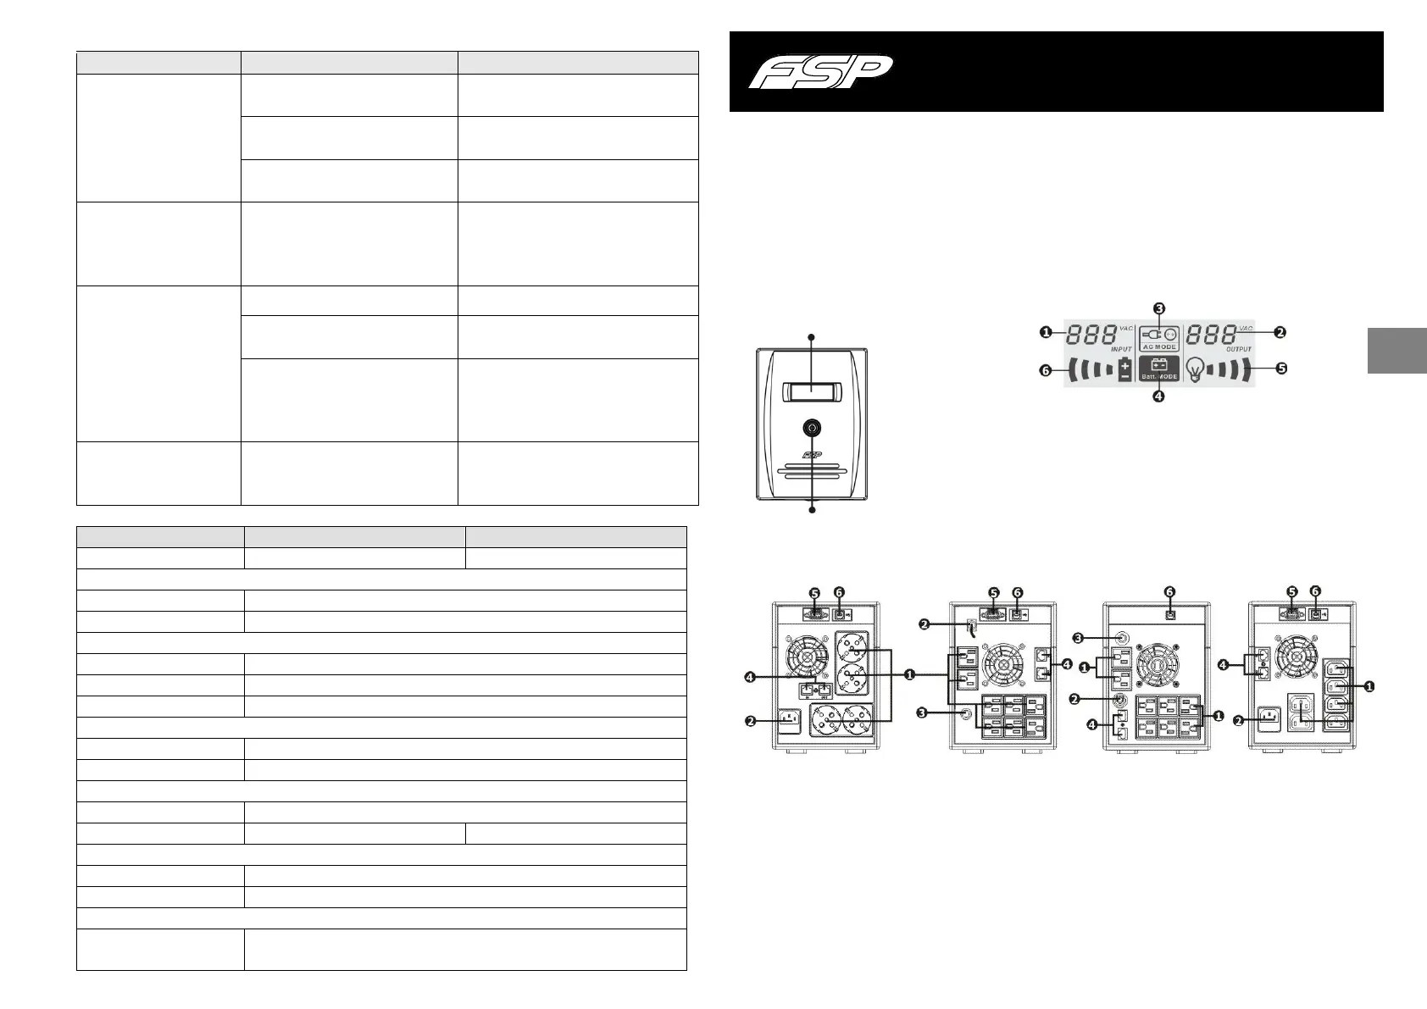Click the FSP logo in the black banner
[x=819, y=71]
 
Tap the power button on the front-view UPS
[x=812, y=429]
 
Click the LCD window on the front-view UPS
[x=812, y=392]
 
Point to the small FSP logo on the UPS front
[x=812, y=453]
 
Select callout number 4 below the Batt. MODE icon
[x=1158, y=395]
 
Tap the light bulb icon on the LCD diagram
[x=1195, y=369]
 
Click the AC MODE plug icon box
[x=1158, y=337]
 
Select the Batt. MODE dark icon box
[x=1158, y=369]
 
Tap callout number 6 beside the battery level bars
[x=1046, y=369]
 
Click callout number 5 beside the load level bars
[x=1281, y=369]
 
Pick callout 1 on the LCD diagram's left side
[x=1046, y=333]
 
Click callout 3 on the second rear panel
[x=924, y=713]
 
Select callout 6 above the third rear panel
[x=1169, y=592]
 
